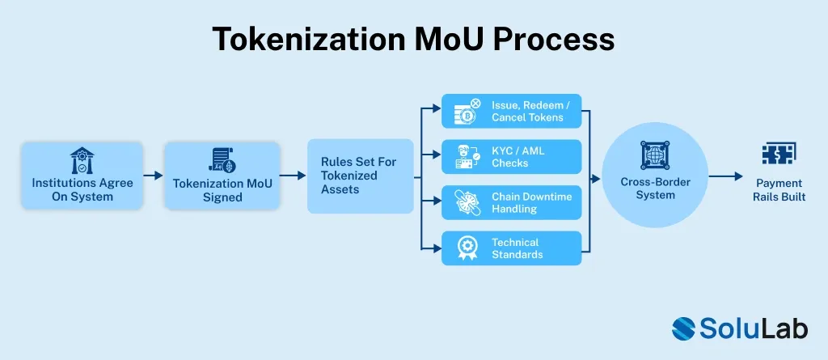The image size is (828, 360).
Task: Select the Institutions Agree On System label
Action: click(82, 189)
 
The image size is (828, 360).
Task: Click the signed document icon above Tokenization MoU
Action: click(222, 159)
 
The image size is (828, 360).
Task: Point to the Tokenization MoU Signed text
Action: click(222, 190)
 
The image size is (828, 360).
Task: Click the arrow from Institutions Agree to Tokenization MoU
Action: click(153, 175)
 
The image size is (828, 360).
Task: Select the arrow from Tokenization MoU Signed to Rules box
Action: click(293, 175)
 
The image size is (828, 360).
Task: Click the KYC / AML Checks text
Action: click(517, 157)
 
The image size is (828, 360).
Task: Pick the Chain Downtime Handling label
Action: click(530, 202)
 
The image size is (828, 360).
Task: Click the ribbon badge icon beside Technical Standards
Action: click(467, 248)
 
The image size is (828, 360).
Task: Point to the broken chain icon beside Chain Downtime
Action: click(467, 202)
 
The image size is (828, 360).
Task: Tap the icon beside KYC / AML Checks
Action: click(467, 157)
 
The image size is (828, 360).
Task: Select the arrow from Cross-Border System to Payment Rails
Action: click(727, 175)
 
